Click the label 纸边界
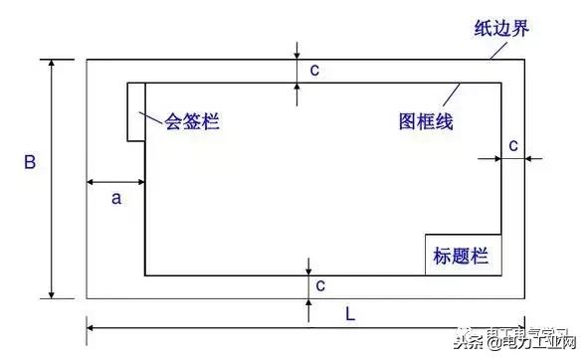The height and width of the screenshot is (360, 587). point(500,27)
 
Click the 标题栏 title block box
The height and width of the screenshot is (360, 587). point(462,256)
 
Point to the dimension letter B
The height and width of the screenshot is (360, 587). point(30,162)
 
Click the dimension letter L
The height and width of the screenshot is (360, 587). point(350,313)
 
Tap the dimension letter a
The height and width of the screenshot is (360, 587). point(115,198)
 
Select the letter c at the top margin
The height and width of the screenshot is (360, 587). point(314,70)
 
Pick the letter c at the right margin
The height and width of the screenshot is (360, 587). point(513,145)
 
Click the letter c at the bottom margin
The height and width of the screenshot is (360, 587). point(320,285)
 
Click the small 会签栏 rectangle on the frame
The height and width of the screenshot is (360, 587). point(136,111)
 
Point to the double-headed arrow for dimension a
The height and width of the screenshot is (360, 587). point(115,182)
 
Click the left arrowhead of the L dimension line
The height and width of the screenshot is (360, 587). point(93,327)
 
